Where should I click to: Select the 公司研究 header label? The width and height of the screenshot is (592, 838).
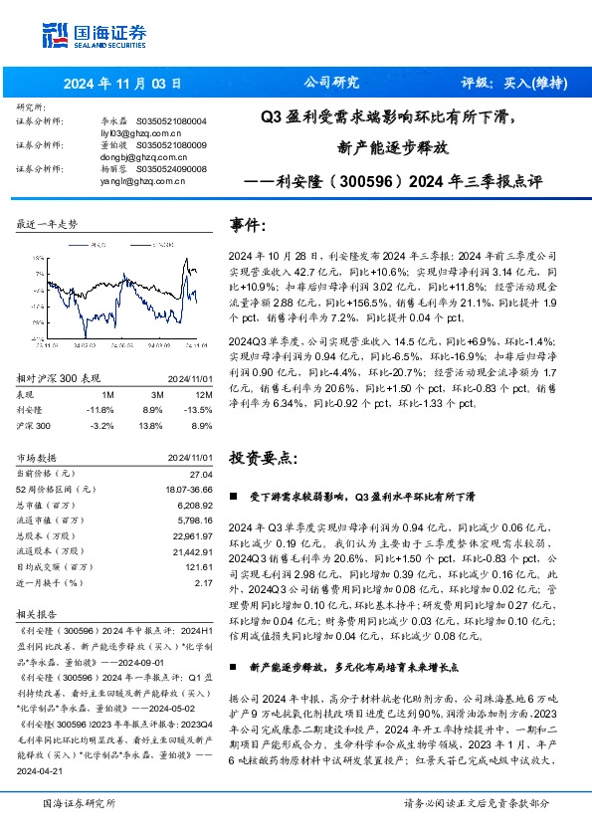(x=332, y=83)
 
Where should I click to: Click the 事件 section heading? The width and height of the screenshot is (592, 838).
(x=248, y=224)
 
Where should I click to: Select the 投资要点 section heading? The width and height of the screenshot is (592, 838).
(x=262, y=459)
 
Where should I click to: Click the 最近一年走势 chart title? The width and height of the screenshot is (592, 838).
(x=47, y=225)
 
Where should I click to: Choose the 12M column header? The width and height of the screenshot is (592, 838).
(x=202, y=393)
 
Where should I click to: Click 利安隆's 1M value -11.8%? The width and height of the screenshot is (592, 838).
(x=99, y=408)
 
